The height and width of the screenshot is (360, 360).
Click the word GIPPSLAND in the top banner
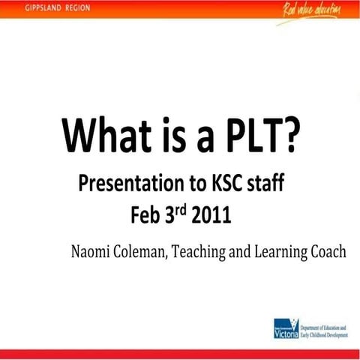[x=29, y=8]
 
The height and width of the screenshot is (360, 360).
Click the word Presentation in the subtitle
[x=127, y=183]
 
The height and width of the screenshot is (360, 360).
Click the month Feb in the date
[x=147, y=214]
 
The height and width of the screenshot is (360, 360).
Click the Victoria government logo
[x=288, y=328]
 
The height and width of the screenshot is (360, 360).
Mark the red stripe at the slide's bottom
[x=180, y=354]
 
